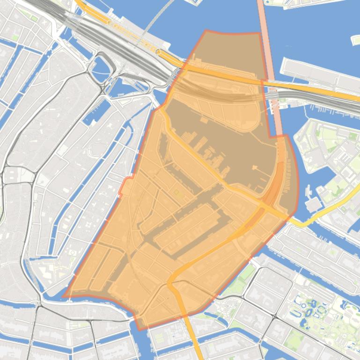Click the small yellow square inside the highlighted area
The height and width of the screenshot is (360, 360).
[x=177, y=192]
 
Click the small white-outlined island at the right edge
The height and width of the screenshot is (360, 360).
[x=355, y=40]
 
